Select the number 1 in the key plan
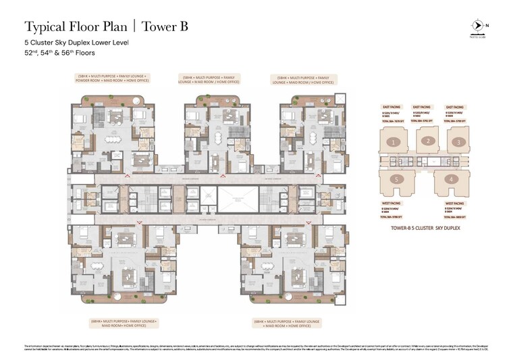(396, 142)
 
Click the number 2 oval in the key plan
(427, 141)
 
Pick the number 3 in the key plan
(458, 142)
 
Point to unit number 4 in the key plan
(450, 179)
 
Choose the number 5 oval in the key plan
(399, 179)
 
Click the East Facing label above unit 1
(390, 107)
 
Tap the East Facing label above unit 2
(422, 107)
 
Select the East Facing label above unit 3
(454, 107)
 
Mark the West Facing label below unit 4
(454, 203)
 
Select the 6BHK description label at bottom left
(124, 323)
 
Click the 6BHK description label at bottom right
(288, 323)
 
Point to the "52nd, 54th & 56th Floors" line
(59, 53)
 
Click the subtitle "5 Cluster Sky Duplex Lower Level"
(76, 43)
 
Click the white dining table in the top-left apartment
(111, 141)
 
